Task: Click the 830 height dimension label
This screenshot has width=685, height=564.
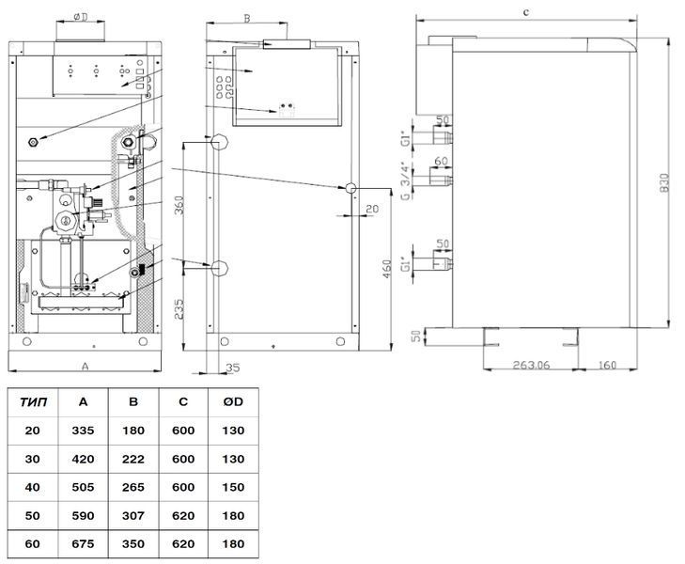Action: (663, 182)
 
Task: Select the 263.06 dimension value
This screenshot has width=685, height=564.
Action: (531, 365)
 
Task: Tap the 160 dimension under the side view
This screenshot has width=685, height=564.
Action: (607, 365)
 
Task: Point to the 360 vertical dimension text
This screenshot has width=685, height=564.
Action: (179, 205)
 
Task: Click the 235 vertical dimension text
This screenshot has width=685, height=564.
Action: (179, 309)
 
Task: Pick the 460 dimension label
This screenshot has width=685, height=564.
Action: (387, 270)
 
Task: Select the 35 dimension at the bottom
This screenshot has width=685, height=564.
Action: (233, 368)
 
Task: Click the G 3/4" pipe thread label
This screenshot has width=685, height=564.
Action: (406, 182)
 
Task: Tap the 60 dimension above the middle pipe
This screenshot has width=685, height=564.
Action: (442, 161)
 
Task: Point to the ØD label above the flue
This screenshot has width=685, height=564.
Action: (81, 17)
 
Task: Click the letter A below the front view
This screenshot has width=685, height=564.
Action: (86, 366)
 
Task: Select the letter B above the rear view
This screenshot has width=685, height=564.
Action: (247, 19)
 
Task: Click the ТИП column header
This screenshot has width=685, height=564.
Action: (33, 402)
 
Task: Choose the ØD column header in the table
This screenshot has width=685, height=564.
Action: (233, 402)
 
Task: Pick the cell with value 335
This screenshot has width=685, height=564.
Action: (83, 431)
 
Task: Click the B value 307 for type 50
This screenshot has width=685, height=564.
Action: (133, 516)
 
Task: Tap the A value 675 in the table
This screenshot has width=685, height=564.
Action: (83, 544)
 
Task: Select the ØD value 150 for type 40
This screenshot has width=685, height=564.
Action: (233, 488)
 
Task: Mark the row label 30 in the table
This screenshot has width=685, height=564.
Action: (32, 459)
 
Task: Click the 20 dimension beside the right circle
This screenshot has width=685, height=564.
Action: (372, 209)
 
